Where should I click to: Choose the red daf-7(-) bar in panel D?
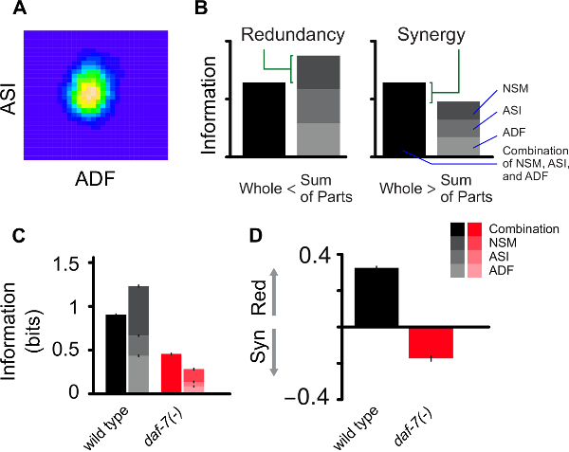pyautogui.click(x=431, y=342)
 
